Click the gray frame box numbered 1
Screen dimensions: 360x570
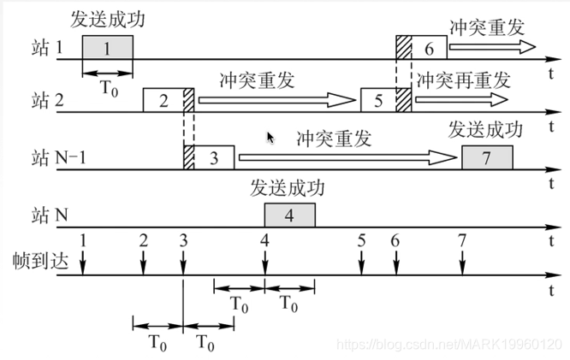[x=107, y=49]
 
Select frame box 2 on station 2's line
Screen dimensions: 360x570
[x=163, y=100]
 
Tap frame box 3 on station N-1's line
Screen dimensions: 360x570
[x=215, y=157]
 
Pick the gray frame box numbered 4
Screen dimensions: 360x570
[x=289, y=215]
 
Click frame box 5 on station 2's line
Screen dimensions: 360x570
[x=378, y=100]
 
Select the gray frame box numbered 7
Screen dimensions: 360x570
[x=487, y=157]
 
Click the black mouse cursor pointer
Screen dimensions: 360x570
[x=271, y=137]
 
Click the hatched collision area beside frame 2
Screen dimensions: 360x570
[x=189, y=100]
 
